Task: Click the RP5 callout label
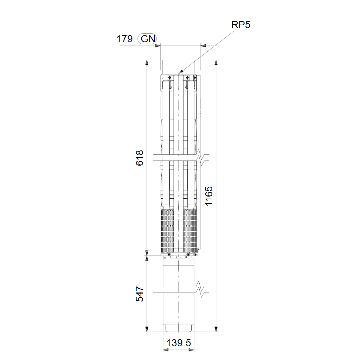240,25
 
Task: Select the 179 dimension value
124,39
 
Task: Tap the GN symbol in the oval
148,39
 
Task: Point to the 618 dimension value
140,158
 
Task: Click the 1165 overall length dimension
209,196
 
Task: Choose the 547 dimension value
140,294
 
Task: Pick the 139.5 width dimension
178,343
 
